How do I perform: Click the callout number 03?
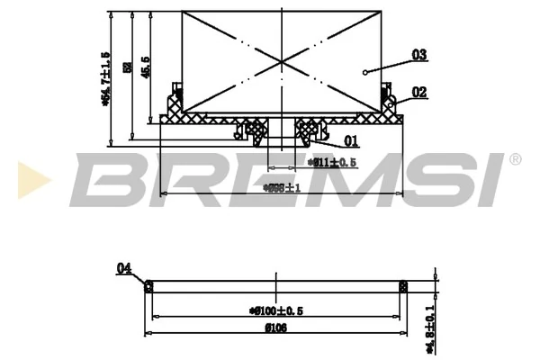point(418,55)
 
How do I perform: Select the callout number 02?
point(418,91)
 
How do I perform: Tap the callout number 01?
point(352,140)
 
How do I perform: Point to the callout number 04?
point(124,267)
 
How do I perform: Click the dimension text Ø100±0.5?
point(276,310)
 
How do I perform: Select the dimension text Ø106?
point(275,328)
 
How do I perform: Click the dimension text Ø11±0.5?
point(332,162)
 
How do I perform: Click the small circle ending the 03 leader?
point(365,72)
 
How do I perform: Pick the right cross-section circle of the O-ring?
point(403,287)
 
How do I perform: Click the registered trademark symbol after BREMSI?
point(515,159)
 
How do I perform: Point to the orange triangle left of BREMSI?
point(30,176)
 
